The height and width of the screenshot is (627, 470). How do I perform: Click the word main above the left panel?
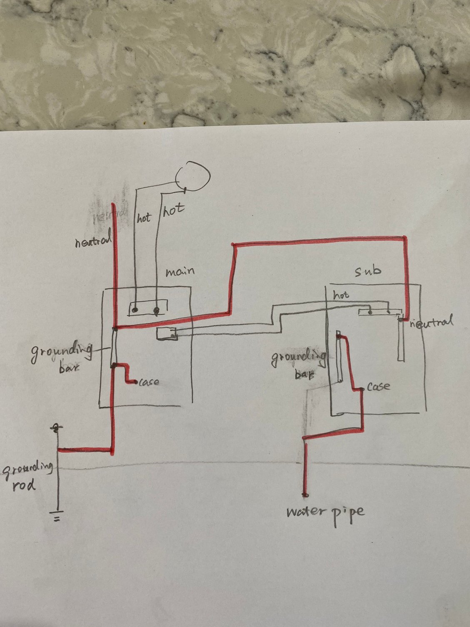(180, 272)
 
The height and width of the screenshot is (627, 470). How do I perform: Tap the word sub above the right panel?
(367, 271)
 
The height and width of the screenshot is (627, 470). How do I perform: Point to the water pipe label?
(325, 512)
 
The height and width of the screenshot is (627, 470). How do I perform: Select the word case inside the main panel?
(149, 381)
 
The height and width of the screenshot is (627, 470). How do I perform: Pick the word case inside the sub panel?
(379, 387)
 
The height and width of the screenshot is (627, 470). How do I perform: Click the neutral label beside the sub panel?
(431, 323)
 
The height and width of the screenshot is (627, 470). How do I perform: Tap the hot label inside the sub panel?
(341, 295)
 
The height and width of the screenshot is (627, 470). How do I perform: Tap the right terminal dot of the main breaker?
(157, 310)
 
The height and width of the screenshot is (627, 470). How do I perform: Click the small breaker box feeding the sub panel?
(167, 334)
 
